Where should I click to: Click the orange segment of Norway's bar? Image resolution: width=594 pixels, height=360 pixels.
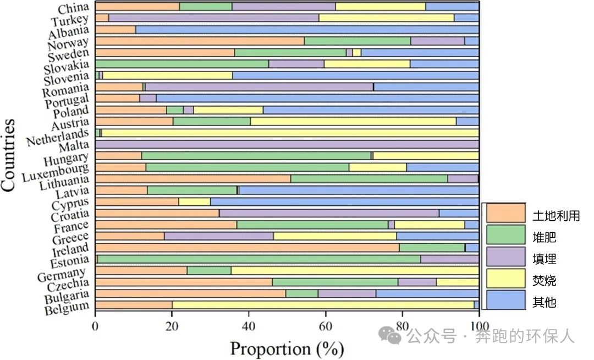click(x=200, y=41)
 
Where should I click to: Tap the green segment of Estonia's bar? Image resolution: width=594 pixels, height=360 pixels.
click(x=258, y=259)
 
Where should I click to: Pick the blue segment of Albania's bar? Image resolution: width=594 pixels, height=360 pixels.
click(x=307, y=29)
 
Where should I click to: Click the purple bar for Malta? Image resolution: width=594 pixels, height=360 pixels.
click(x=287, y=144)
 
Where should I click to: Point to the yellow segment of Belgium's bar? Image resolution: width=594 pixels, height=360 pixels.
click(x=323, y=304)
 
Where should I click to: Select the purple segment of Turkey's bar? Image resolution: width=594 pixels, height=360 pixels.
click(x=213, y=18)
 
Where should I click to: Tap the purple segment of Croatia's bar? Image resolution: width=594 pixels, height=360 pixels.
click(x=329, y=213)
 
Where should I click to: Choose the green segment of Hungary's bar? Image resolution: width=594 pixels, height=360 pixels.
click(x=256, y=156)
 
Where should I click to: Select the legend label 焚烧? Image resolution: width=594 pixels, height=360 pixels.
click(x=544, y=281)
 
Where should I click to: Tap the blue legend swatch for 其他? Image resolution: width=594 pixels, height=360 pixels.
click(x=506, y=302)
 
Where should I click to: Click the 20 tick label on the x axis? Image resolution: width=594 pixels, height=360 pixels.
click(x=172, y=324)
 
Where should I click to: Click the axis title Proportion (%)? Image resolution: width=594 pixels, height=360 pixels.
click(x=287, y=348)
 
